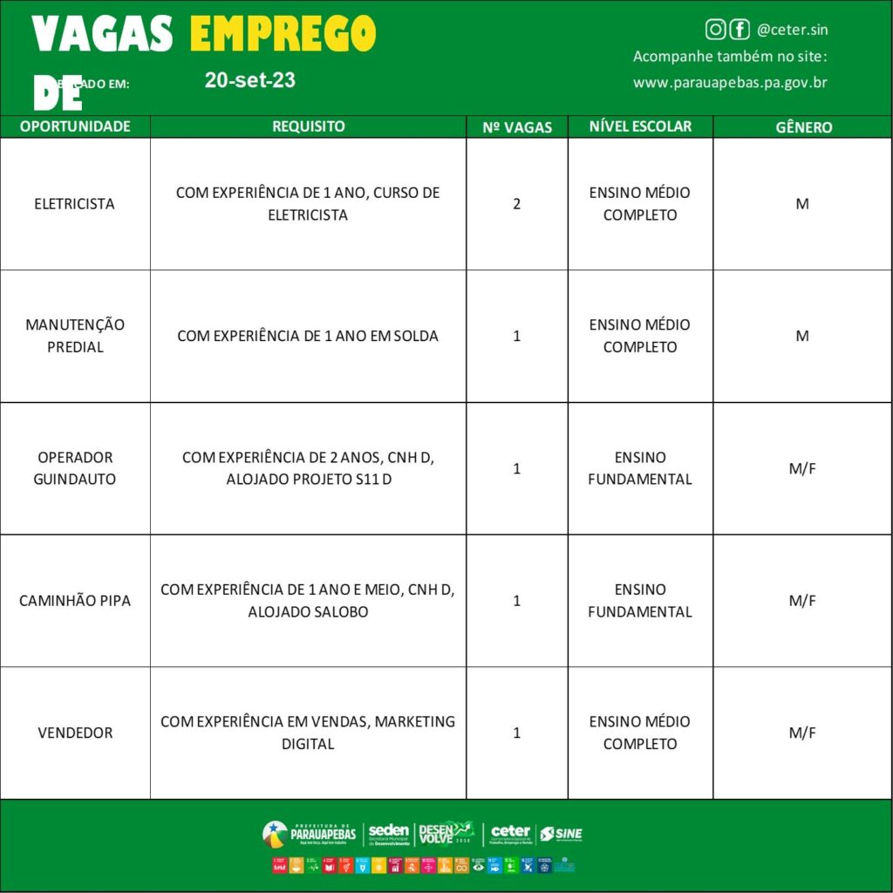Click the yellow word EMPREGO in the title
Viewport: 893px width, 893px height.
click(x=283, y=35)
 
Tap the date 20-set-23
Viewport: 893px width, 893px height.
click(x=250, y=80)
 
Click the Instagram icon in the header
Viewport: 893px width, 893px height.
click(x=715, y=30)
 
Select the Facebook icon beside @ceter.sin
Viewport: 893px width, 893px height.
click(x=740, y=30)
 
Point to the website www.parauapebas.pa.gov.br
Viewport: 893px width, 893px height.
click(x=730, y=83)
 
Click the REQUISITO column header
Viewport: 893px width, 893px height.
click(x=308, y=126)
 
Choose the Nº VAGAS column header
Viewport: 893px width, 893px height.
click(x=517, y=127)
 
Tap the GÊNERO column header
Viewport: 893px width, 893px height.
click(x=803, y=127)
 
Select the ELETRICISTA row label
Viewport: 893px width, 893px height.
click(x=75, y=204)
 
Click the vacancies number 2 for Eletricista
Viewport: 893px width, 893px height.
click(x=517, y=204)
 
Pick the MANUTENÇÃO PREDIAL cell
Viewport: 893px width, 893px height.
click(x=75, y=336)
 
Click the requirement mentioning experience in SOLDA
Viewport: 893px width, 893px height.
click(x=308, y=336)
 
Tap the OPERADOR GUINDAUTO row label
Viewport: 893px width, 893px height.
click(x=75, y=468)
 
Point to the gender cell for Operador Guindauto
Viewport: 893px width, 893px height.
click(x=802, y=468)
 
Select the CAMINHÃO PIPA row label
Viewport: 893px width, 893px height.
click(x=75, y=601)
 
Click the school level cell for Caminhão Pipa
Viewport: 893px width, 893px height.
click(x=640, y=601)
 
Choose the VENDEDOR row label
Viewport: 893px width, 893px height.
click(x=75, y=733)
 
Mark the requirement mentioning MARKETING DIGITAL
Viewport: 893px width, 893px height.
click(x=308, y=733)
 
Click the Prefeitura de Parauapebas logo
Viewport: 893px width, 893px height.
click(x=310, y=834)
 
